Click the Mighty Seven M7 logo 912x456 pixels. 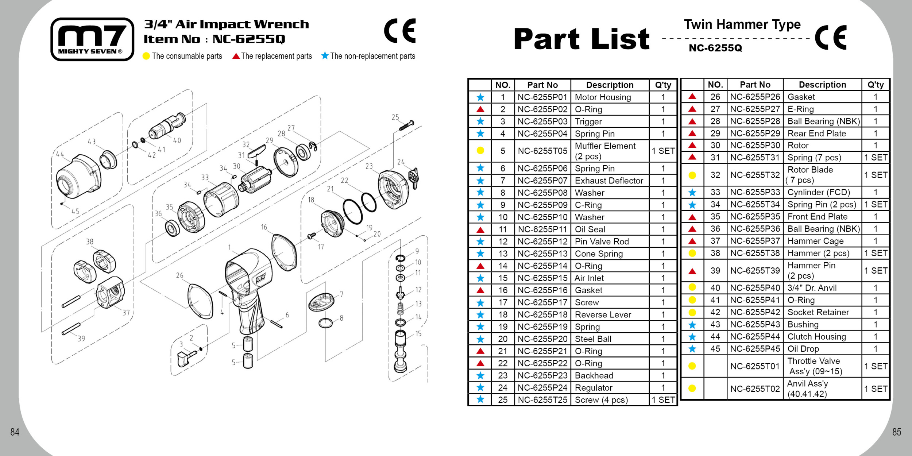[92, 39]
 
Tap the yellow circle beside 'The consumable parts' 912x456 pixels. [146, 56]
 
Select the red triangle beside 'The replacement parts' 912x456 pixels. [236, 56]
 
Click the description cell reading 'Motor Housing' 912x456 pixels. [603, 97]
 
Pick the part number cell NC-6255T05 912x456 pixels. [542, 151]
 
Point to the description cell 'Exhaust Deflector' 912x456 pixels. [609, 181]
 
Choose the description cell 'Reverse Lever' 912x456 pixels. [603, 314]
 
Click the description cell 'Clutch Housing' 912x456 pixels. [816, 337]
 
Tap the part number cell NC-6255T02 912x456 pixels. [755, 389]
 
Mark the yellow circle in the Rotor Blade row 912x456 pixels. [692, 175]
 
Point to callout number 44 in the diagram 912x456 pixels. [60, 154]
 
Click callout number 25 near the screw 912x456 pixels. [395, 117]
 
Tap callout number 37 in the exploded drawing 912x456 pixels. [126, 313]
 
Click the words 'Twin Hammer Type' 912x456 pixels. [742, 24]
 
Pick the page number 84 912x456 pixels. [15, 432]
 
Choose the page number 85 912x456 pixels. [897, 432]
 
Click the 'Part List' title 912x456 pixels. [581, 39]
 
